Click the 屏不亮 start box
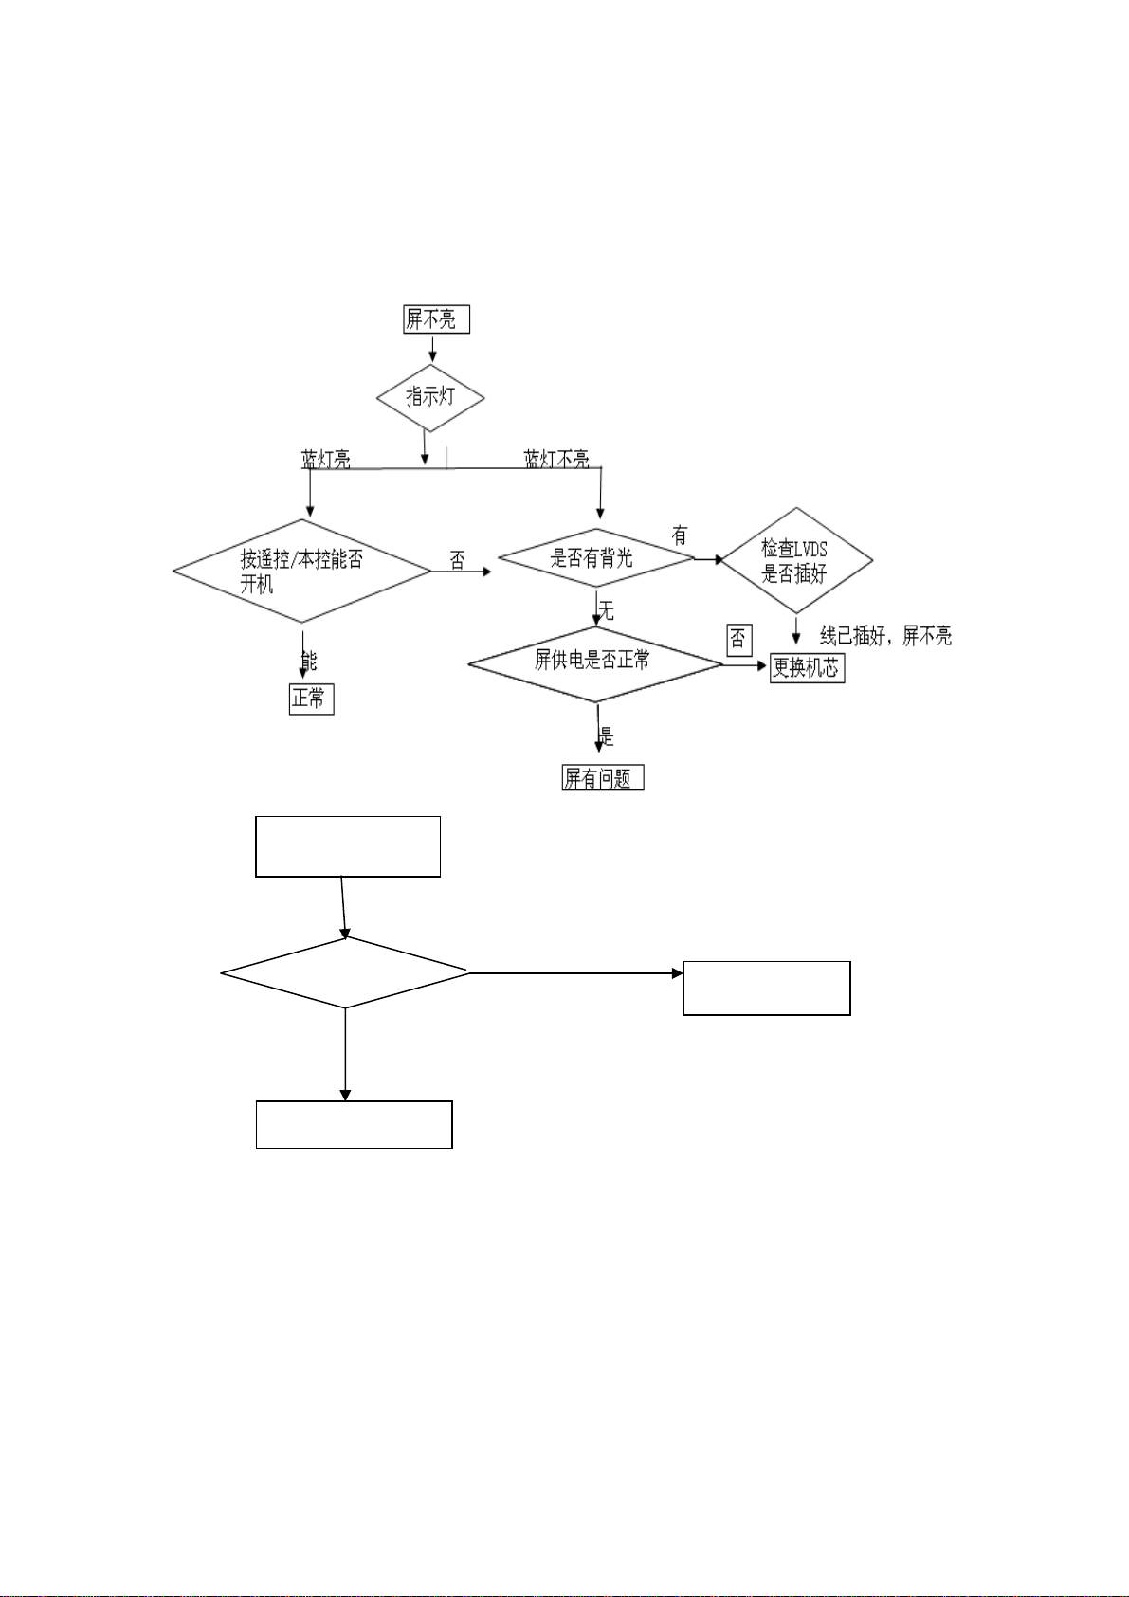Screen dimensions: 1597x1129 coord(436,319)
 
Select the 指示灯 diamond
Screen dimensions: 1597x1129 coord(430,397)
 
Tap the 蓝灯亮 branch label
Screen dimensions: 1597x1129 coord(326,460)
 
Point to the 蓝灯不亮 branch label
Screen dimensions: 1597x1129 coord(556,460)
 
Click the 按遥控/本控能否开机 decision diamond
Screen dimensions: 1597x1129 coord(301,571)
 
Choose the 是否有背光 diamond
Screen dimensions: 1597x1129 coord(595,558)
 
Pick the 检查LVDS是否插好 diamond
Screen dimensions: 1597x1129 coord(796,560)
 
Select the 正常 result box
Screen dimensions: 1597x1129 coord(311,699)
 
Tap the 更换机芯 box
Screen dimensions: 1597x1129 coord(806,667)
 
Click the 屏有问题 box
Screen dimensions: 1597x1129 coord(602,778)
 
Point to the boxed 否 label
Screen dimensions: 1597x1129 coord(738,640)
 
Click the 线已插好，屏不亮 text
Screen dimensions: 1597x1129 coord(885,636)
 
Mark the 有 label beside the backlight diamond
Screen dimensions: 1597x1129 coord(679,536)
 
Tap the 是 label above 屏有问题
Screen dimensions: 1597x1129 coord(607,736)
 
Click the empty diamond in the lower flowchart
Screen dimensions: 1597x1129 coord(345,972)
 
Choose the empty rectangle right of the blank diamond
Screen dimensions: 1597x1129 coord(766,988)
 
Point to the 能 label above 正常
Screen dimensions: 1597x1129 coord(309,661)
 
